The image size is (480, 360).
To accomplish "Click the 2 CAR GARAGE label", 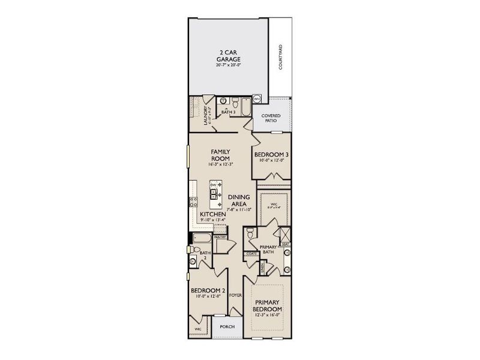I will [228, 56].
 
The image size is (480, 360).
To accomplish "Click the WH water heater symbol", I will [256, 99].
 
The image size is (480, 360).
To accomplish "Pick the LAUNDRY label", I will [205, 115].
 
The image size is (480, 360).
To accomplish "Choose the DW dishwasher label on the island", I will [212, 184].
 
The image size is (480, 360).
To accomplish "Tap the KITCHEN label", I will [213, 214].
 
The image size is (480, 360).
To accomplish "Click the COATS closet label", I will [251, 253].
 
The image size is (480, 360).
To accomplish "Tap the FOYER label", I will [235, 295].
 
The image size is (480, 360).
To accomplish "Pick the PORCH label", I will [227, 327].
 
